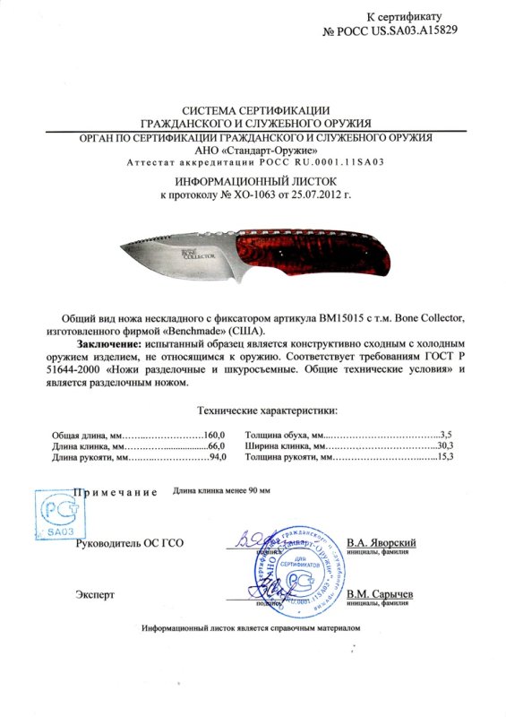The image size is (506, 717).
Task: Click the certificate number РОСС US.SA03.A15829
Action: point(398,30)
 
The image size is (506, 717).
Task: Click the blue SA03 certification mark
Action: point(56,514)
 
